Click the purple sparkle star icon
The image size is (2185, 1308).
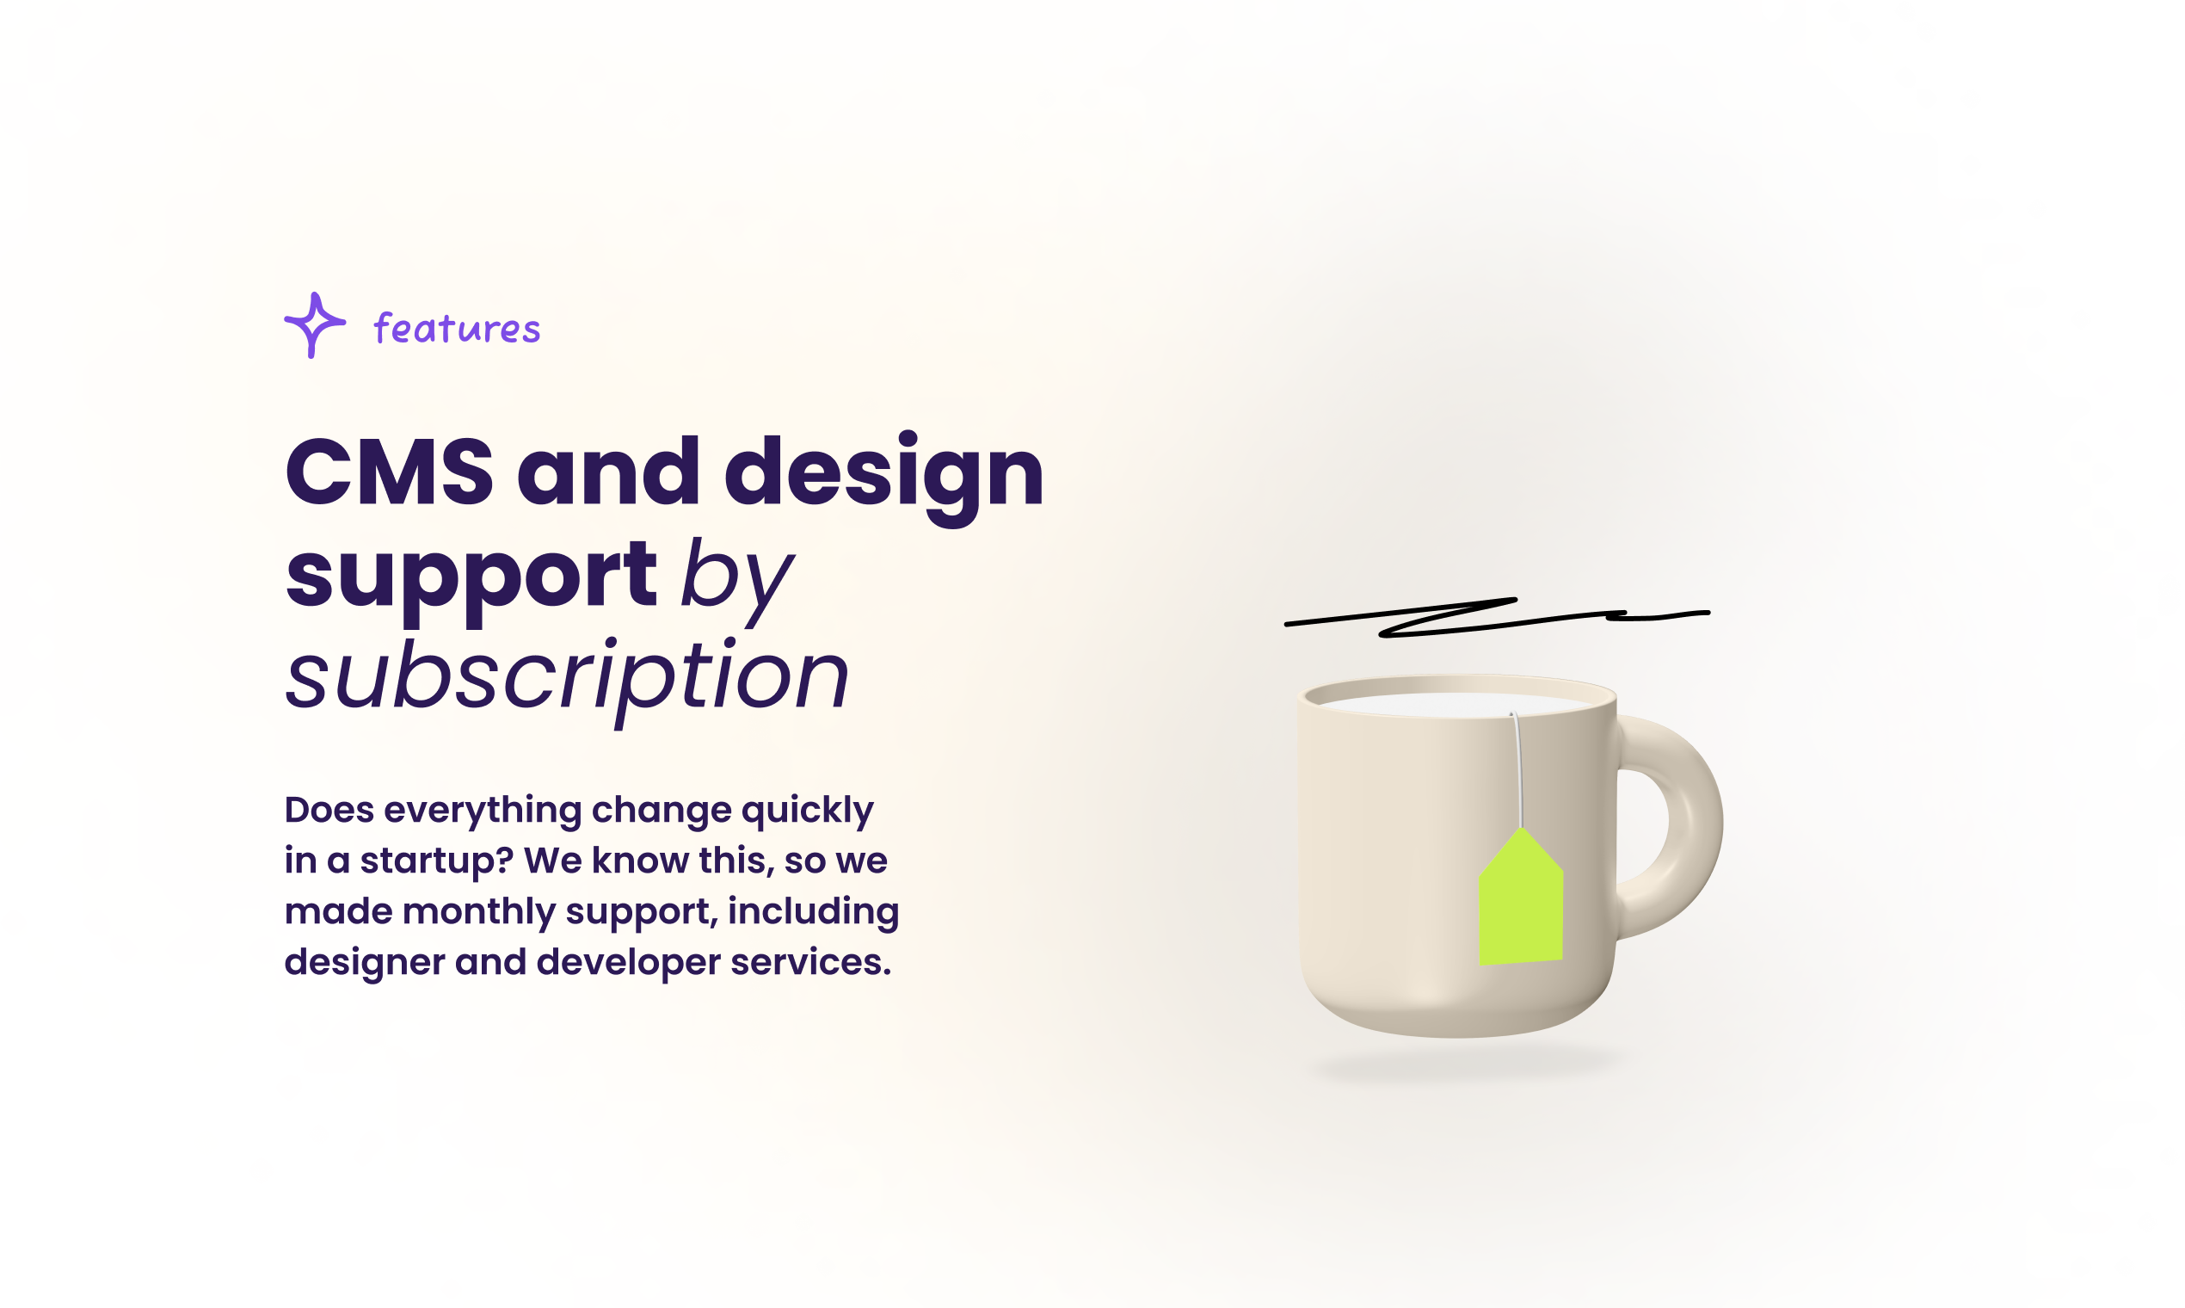[x=315, y=325]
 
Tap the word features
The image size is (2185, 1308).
[x=457, y=328]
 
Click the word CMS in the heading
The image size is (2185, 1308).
[x=389, y=472]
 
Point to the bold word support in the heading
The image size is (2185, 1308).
[x=471, y=580]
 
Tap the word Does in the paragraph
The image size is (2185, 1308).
[x=329, y=809]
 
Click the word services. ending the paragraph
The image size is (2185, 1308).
[x=810, y=961]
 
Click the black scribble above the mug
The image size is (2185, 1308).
[x=1498, y=617]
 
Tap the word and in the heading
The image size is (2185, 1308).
[x=608, y=472]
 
